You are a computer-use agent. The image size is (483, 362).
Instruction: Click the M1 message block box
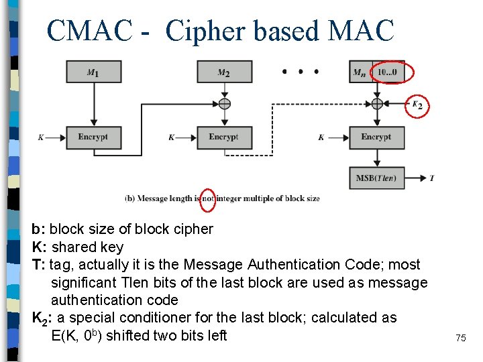point(93,72)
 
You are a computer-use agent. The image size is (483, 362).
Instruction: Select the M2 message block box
point(224,72)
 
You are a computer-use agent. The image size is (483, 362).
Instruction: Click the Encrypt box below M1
point(93,137)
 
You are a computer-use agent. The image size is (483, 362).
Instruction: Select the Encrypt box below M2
point(224,137)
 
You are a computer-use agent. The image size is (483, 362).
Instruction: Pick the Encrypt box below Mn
point(376,137)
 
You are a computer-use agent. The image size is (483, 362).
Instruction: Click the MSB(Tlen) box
point(376,178)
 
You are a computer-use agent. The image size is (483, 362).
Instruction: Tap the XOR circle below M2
point(224,104)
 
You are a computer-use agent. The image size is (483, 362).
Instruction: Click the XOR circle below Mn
point(376,104)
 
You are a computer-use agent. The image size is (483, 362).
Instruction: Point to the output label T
point(431,178)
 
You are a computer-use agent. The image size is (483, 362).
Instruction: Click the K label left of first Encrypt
point(41,137)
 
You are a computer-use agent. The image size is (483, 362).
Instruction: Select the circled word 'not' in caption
point(208,198)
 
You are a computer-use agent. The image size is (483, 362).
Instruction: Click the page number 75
point(460,339)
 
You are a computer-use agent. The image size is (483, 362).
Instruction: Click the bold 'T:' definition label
point(39,265)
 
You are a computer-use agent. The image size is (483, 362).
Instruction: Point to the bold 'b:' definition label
point(39,229)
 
